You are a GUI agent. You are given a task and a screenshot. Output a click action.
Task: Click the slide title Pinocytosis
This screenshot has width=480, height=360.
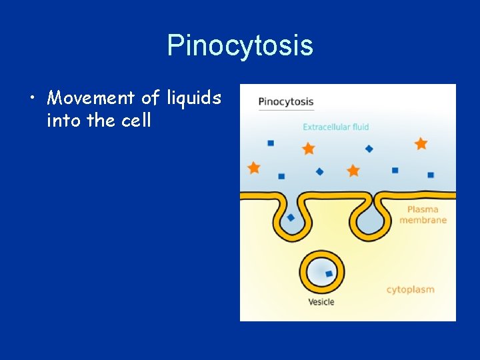240,46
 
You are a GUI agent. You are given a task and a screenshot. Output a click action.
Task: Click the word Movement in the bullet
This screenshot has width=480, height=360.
91,99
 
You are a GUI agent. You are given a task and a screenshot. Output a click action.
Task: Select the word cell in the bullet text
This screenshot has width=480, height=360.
137,121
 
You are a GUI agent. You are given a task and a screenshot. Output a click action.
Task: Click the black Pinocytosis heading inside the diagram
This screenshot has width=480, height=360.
285,102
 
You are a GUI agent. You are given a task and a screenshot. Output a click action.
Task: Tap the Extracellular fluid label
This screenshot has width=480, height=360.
335,127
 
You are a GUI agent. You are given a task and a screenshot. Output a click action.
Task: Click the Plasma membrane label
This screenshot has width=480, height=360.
423,215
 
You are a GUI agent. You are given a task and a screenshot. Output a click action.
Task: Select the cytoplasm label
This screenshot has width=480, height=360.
410,289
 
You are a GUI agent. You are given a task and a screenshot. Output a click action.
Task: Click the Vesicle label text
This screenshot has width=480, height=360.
321,302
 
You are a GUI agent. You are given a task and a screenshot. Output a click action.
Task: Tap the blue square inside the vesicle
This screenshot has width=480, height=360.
329,273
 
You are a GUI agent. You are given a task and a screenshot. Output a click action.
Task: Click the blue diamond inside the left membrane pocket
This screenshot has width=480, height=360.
291,217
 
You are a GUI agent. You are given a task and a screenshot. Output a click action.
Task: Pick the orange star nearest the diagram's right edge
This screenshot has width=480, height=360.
421,143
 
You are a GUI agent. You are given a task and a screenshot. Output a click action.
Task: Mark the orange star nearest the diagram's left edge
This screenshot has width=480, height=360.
253,167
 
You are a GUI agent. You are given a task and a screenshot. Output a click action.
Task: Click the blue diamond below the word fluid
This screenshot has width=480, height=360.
369,149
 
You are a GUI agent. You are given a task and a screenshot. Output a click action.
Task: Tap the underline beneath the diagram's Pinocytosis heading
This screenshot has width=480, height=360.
285,110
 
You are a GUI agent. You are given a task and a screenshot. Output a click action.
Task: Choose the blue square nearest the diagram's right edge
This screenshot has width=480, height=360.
431,175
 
